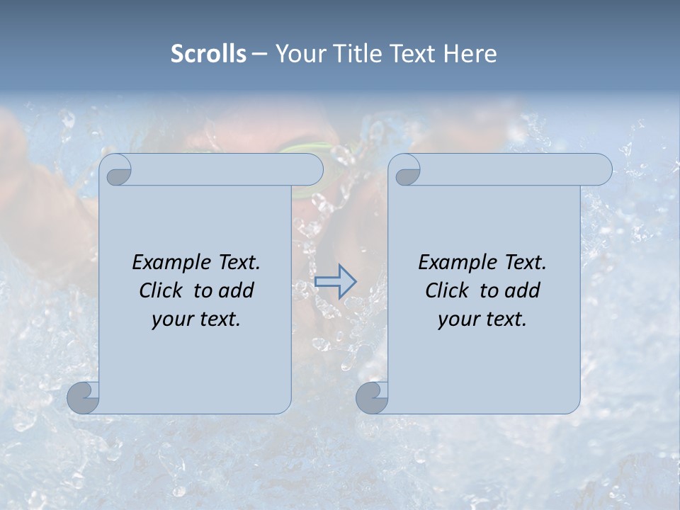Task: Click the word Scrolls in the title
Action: [208, 54]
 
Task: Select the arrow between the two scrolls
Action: [335, 281]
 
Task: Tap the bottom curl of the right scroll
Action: [373, 397]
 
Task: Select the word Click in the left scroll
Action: [161, 290]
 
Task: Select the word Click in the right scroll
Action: [447, 290]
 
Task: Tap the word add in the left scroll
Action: [237, 290]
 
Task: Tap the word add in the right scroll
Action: [523, 290]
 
